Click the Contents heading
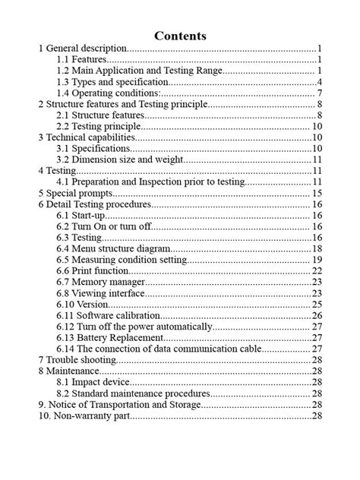[180, 36]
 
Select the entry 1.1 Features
[82, 58]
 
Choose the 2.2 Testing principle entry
[99, 126]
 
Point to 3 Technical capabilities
[86, 137]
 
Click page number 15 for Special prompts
[318, 194]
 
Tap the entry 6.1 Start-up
[81, 216]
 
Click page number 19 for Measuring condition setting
[318, 260]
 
